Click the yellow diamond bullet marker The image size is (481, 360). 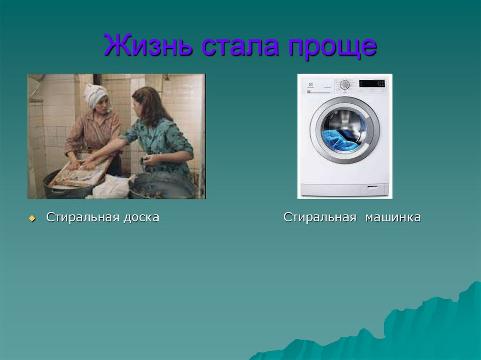pyautogui.click(x=32, y=218)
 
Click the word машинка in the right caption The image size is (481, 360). pyautogui.click(x=394, y=217)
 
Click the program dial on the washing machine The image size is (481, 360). pyautogui.click(x=345, y=84)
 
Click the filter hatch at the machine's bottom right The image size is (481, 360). pyautogui.click(x=374, y=189)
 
